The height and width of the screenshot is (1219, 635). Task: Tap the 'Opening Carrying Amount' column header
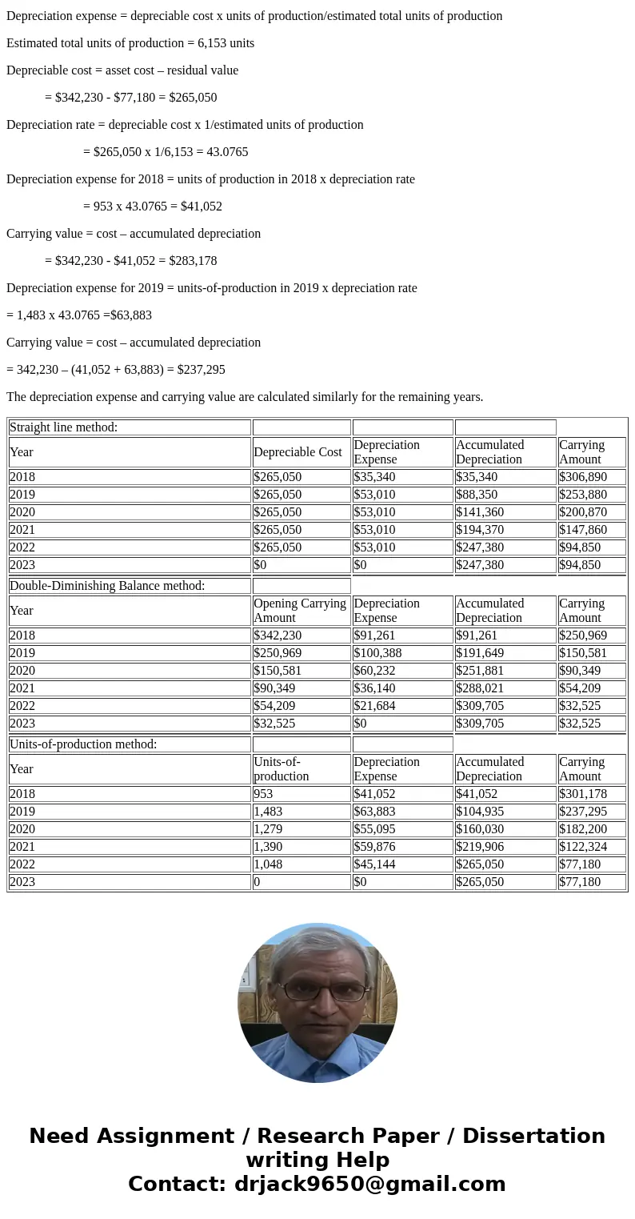coord(300,611)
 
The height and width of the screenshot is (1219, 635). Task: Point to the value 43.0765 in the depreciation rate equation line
coord(227,152)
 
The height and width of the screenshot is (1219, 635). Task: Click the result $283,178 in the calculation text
coord(192,261)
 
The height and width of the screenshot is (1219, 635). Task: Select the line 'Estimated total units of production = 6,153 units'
coord(130,43)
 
